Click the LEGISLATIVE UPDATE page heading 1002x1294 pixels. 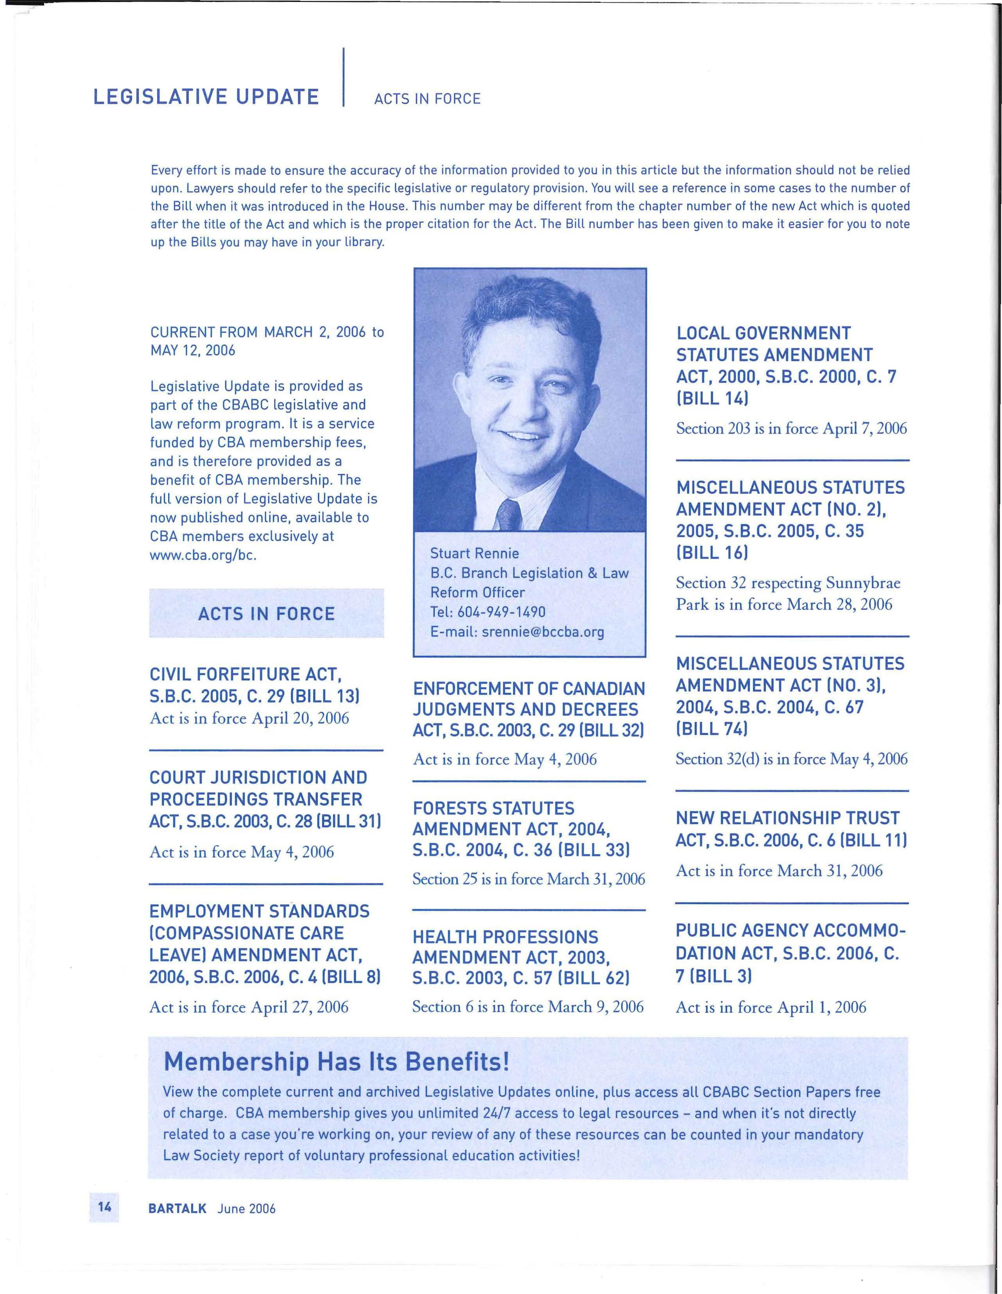click(x=206, y=97)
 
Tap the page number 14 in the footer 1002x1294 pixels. click(x=104, y=1207)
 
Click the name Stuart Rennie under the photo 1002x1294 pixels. click(x=474, y=554)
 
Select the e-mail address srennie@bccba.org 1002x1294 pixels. click(x=543, y=632)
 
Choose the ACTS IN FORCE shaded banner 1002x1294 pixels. click(x=266, y=613)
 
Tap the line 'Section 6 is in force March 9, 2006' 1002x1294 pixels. click(x=527, y=1007)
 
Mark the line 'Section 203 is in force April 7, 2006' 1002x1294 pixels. click(x=791, y=428)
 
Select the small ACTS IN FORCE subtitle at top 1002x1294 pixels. click(x=427, y=99)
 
